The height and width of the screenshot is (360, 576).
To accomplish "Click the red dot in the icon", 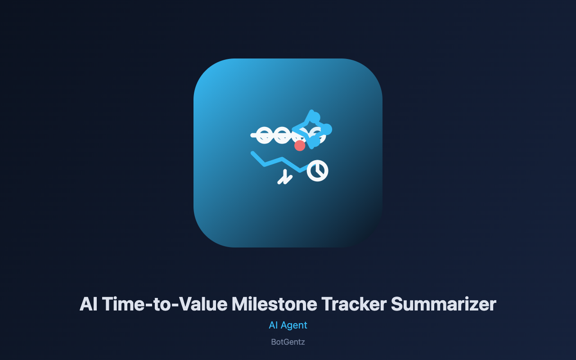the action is [x=300, y=145].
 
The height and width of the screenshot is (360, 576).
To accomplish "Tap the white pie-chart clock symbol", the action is [x=318, y=171].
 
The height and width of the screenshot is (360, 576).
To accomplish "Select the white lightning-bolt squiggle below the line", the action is [x=285, y=177].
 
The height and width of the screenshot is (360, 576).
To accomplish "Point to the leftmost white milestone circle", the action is [x=264, y=135].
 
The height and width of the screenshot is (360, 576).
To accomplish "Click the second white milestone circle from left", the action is [x=282, y=135].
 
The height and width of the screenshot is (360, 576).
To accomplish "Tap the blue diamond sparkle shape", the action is [x=311, y=129].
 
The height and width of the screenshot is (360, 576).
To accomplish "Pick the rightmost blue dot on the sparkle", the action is [x=327, y=129].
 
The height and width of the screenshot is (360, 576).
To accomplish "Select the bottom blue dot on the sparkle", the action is [x=314, y=141].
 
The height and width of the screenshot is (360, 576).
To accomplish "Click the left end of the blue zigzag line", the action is [x=253, y=153].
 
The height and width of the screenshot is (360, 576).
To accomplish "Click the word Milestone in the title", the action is [x=274, y=304].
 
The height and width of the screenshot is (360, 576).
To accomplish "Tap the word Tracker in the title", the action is [x=354, y=304].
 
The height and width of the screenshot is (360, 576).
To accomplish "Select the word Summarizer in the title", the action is [x=443, y=304].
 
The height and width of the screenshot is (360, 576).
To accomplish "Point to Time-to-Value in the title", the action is [x=165, y=304].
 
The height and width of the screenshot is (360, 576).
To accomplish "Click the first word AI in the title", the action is [x=89, y=304].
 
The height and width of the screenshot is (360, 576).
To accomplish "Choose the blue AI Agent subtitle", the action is [x=288, y=325].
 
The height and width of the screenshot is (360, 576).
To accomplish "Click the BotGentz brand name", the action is [x=288, y=342].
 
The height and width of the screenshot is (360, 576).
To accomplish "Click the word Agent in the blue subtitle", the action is [x=294, y=326].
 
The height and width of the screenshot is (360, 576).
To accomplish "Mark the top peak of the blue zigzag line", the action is [x=282, y=159].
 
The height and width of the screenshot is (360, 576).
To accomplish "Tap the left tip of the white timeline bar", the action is [x=252, y=135].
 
